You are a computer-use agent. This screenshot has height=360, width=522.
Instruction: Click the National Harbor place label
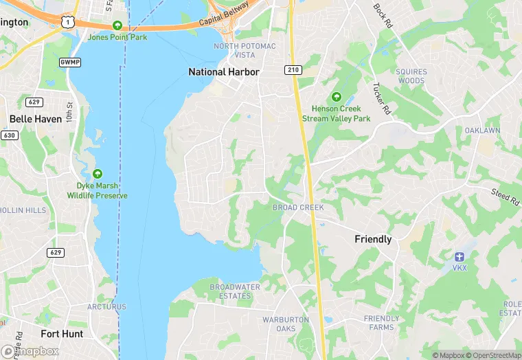pyautogui.click(x=224, y=71)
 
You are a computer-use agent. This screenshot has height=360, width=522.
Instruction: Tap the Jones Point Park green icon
pyautogui.click(x=117, y=25)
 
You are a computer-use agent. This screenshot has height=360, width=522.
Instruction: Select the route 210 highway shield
pyautogui.click(x=293, y=70)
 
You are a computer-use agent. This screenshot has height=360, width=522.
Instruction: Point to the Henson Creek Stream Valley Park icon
pyautogui.click(x=337, y=97)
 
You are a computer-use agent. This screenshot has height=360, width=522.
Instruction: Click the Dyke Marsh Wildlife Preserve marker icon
pyautogui.click(x=98, y=175)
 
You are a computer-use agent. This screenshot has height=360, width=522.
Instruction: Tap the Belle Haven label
pyautogui.click(x=35, y=118)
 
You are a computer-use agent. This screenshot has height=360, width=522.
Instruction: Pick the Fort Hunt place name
pyautogui.click(x=62, y=334)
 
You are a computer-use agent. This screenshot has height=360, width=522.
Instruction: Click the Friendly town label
pyautogui.click(x=373, y=239)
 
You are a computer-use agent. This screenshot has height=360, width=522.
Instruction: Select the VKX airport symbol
pyautogui.click(x=459, y=256)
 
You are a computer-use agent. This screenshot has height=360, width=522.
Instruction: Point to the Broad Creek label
pyautogui.click(x=298, y=207)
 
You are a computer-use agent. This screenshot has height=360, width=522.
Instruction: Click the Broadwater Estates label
pyautogui.click(x=235, y=291)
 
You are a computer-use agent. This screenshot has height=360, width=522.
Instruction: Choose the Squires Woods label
pyautogui.click(x=411, y=76)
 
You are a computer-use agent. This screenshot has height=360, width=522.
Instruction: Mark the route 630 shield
pyautogui.click(x=9, y=135)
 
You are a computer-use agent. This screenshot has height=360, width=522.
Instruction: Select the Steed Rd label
pyautogui.click(x=505, y=197)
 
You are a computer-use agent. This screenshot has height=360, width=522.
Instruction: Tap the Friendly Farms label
pyautogui.click(x=381, y=323)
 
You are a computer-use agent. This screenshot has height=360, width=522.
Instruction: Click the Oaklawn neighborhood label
pyautogui.click(x=480, y=130)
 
